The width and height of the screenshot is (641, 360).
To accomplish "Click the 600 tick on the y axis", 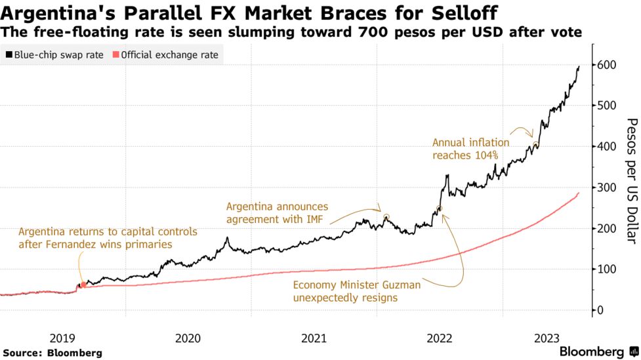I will coord(606,65).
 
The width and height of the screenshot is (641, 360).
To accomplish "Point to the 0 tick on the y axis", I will coord(600,310).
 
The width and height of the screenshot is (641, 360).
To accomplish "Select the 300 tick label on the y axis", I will coord(606,188).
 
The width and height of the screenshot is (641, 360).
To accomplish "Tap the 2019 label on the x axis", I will coord(62,338).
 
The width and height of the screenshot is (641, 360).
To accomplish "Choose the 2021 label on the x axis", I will coord(314,338).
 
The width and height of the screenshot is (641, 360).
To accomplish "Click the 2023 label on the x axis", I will coord(547,338).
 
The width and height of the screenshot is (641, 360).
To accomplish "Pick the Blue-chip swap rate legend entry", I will coord(54,55).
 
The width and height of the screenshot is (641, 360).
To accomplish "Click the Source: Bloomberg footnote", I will coord(52,353).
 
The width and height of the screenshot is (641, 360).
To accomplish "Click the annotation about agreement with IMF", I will coord(278,213).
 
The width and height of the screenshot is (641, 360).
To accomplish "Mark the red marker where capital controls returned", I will coord(83,285).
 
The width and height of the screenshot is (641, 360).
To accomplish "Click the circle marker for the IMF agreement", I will coord(386,217).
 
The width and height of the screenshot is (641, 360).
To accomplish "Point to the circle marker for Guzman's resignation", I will coord(440,209).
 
